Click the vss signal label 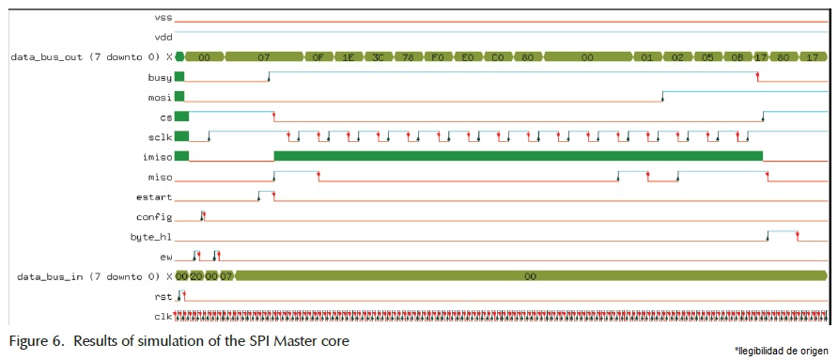pos(163,17)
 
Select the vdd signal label pos(163,37)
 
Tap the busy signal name pos(160,76)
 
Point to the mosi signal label pos(160,96)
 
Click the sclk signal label pos(160,136)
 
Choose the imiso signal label pos(158,156)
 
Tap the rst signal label pos(163,296)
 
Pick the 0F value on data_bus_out pos(318,56)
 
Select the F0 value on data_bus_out pos(437,56)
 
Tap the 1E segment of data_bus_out pos(348,56)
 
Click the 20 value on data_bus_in pos(195,276)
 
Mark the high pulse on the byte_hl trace pos(783,231)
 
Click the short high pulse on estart pos(266,192)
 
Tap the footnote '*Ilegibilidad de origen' pos(781,350)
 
